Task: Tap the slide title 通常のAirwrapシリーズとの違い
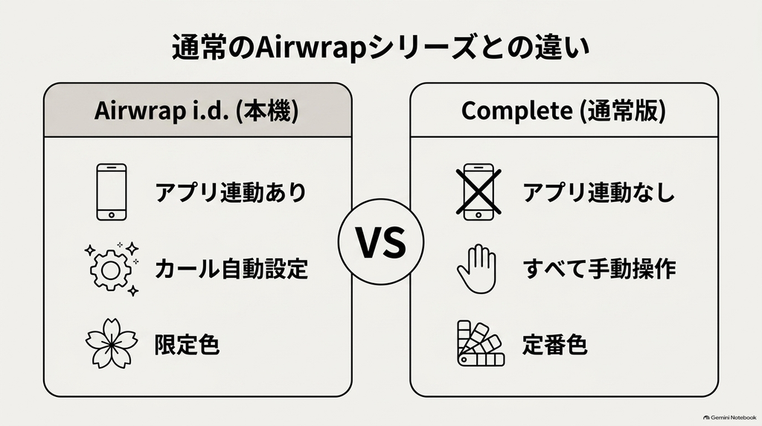[x=381, y=48]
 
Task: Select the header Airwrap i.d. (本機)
[x=196, y=110]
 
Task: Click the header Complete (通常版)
[x=563, y=110]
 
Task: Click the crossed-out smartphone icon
[x=478, y=192]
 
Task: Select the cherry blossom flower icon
[x=112, y=343]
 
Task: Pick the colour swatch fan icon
[x=481, y=343]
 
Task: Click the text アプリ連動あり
[x=231, y=192]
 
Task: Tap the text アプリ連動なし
[x=599, y=192]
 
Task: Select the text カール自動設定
[x=231, y=268]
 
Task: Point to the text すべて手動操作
[x=599, y=268]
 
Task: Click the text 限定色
[x=187, y=345]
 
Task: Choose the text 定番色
[x=555, y=345]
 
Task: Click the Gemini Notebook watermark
[x=729, y=417]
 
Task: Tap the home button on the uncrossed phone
[x=112, y=215]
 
